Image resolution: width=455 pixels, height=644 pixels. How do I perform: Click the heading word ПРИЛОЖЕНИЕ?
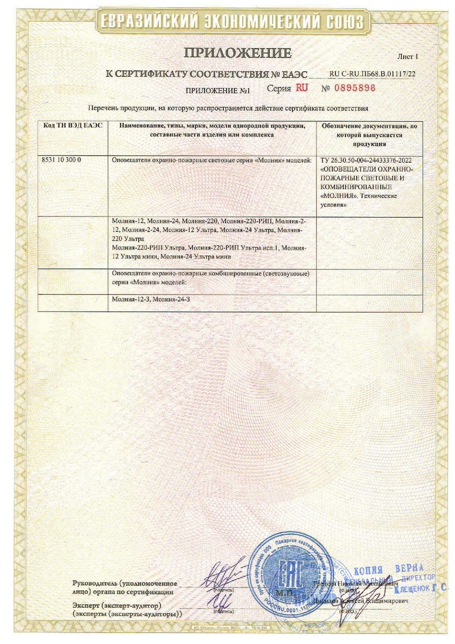click(238, 54)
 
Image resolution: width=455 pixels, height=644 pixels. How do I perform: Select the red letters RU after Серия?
click(302, 87)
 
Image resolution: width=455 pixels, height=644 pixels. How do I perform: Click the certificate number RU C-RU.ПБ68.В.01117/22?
click(372, 73)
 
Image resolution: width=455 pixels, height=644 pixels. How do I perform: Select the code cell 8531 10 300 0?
click(61, 159)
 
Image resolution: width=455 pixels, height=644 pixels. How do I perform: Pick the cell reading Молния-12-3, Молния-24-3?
click(151, 299)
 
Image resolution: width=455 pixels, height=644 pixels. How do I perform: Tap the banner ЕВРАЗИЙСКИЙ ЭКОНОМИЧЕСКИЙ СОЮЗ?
click(231, 22)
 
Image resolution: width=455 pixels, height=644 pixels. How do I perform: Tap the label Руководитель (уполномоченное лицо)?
click(124, 587)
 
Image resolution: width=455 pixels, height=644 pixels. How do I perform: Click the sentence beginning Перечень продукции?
click(228, 108)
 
